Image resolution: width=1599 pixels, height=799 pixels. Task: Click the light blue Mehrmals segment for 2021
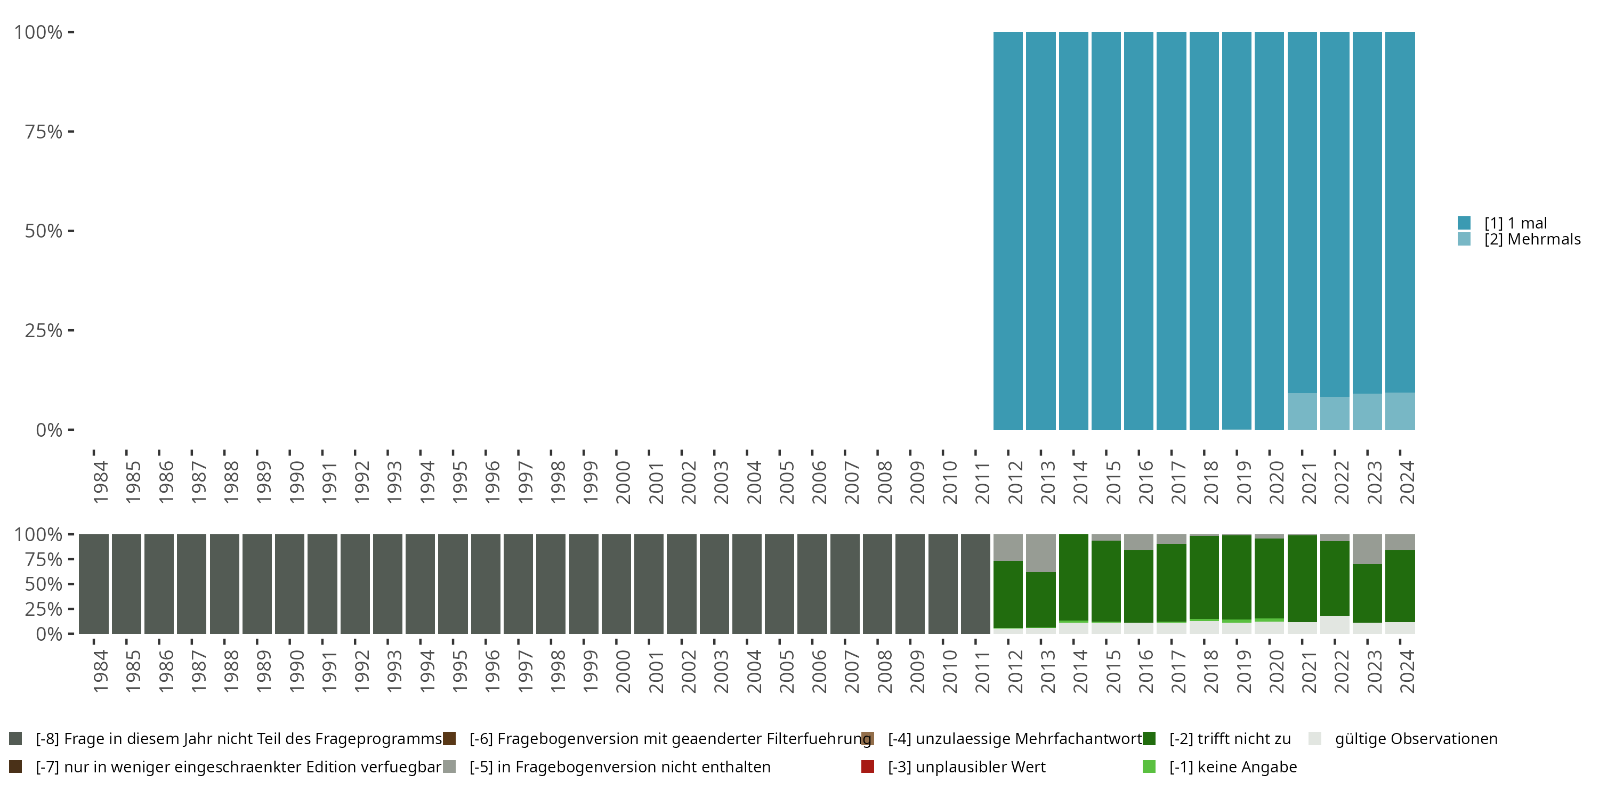pyautogui.click(x=1302, y=411)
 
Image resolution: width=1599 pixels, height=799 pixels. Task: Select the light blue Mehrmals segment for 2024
pyautogui.click(x=1400, y=411)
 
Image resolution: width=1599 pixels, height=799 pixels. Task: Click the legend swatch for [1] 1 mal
pyautogui.click(x=1464, y=223)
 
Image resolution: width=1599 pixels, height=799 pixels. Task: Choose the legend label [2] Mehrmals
pyautogui.click(x=1532, y=240)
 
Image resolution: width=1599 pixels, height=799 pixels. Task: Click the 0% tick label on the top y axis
pyautogui.click(x=49, y=430)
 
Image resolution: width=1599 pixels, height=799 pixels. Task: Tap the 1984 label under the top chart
pyautogui.click(x=101, y=483)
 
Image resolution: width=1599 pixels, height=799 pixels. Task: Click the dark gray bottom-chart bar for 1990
pyautogui.click(x=290, y=584)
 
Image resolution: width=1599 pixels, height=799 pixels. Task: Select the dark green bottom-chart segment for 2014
pyautogui.click(x=1073, y=577)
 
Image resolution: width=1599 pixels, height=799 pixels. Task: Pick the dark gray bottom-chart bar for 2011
pyautogui.click(x=975, y=584)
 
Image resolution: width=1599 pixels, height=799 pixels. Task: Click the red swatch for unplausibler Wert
pyautogui.click(x=868, y=767)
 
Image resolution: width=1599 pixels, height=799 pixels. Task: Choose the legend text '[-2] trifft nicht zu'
pyautogui.click(x=1230, y=739)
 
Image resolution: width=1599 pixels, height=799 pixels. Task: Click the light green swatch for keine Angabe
pyautogui.click(x=1149, y=767)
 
